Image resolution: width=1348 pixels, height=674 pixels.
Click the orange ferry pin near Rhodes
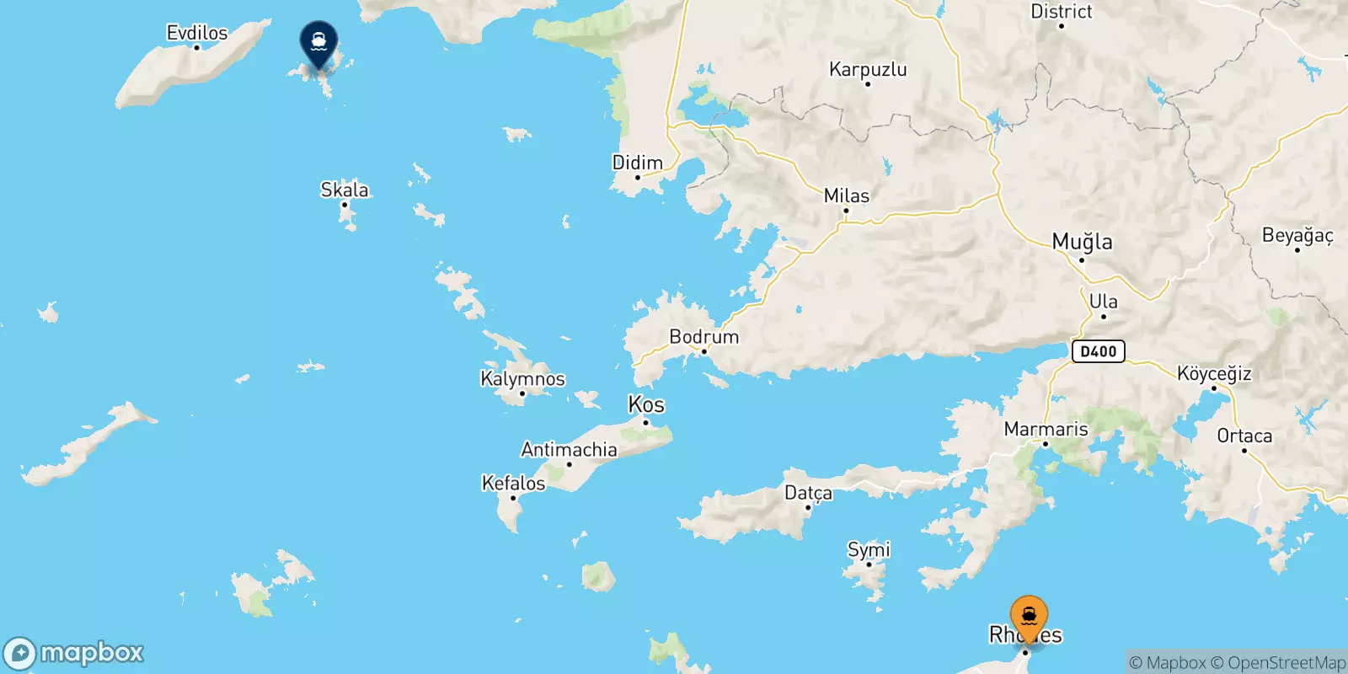[1029, 618]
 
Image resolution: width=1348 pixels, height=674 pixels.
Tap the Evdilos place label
[197, 33]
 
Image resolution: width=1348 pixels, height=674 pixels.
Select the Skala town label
[345, 190]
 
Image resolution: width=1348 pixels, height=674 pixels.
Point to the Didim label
[637, 163]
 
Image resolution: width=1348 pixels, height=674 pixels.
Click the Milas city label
[847, 195]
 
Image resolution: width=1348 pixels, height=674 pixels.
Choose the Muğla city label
[1082, 242]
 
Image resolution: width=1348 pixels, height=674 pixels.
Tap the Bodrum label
[703, 336]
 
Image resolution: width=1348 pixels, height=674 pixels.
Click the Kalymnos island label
[522, 378]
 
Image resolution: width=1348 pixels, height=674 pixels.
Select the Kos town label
[646, 404]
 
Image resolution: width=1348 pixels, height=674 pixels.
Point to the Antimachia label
[569, 449]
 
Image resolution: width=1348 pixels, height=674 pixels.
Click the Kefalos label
[513, 483]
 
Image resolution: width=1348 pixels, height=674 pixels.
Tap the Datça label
[808, 492]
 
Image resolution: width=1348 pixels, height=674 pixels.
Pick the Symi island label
[869, 549]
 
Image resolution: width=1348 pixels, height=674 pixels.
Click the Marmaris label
[1046, 429]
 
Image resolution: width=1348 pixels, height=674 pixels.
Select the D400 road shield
[1098, 350]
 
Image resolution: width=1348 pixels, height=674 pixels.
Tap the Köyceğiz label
[1213, 373]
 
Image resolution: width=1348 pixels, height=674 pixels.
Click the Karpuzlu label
[868, 69]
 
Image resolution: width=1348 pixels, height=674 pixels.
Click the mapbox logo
[74, 653]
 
